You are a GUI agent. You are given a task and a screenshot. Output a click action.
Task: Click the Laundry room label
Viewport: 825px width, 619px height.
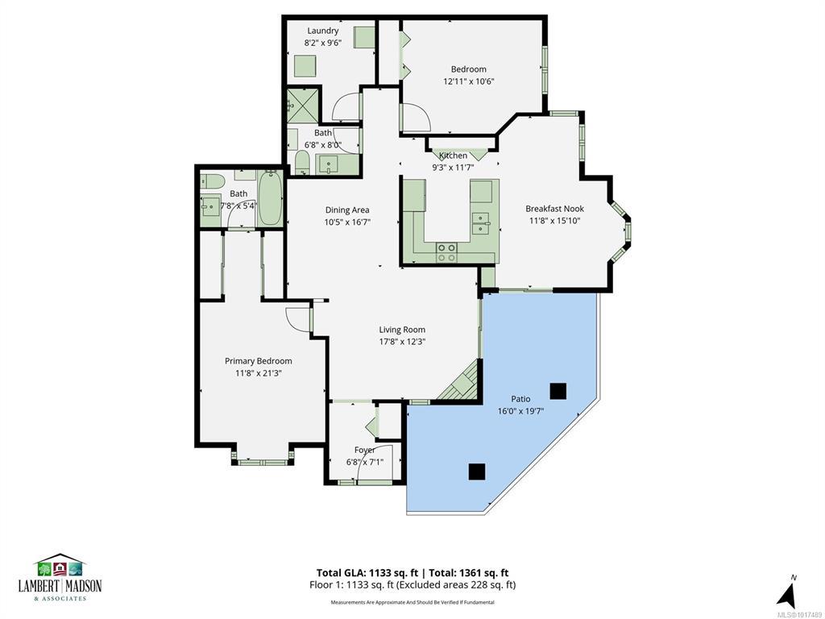(x=323, y=31)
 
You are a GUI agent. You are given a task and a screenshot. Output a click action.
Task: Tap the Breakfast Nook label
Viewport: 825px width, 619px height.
(x=554, y=209)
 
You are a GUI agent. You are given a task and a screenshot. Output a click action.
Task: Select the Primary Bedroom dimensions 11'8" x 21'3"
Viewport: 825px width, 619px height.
(x=259, y=373)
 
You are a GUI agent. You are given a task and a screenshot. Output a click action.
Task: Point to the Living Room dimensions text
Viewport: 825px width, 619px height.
(x=402, y=342)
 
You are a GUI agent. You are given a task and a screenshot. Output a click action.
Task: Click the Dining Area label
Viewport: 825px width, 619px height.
(x=347, y=210)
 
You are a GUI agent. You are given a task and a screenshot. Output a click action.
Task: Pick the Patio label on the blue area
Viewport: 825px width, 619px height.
(x=521, y=399)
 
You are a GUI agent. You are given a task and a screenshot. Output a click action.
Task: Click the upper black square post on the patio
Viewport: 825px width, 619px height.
(x=558, y=391)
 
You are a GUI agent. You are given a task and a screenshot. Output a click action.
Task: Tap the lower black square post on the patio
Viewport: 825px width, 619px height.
(x=477, y=472)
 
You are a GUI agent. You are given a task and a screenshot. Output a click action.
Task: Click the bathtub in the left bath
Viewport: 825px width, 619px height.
(x=271, y=198)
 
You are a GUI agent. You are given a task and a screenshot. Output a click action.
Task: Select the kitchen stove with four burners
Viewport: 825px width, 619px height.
(x=446, y=252)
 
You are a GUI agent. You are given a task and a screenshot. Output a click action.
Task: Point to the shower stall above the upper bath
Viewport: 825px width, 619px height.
(x=303, y=106)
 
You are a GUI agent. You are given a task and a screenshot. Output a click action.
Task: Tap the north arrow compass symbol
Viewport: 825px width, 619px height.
(x=787, y=594)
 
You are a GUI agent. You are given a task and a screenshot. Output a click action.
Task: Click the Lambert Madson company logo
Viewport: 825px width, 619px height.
(x=60, y=578)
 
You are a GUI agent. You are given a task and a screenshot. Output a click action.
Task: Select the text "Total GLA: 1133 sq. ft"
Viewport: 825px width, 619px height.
(x=367, y=573)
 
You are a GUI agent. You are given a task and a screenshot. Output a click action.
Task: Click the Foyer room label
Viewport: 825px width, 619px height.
(x=365, y=450)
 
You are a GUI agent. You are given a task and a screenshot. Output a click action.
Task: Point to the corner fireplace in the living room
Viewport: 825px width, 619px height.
(x=461, y=382)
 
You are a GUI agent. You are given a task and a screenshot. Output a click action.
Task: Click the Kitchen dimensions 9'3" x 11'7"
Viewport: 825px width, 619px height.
(x=454, y=168)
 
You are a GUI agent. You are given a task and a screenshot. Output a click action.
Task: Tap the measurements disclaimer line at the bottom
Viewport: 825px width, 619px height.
(x=412, y=602)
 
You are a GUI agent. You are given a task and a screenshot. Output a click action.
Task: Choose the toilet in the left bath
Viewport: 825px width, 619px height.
(x=212, y=181)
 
